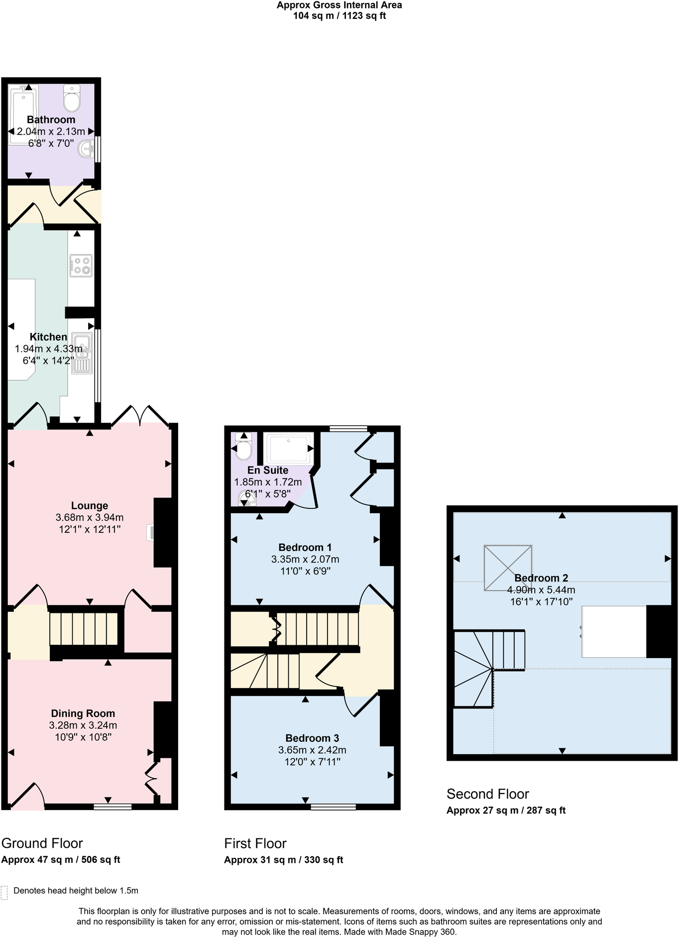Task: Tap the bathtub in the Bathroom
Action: click(23, 115)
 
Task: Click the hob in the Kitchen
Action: click(81, 265)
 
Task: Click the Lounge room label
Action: click(90, 506)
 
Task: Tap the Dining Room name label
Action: click(83, 713)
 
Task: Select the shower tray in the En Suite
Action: click(289, 449)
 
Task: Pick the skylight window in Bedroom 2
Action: click(508, 568)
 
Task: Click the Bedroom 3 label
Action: click(312, 738)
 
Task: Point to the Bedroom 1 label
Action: click(305, 547)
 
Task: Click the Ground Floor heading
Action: click(42, 843)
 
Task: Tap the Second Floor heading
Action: click(488, 794)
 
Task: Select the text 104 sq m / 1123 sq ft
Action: click(339, 16)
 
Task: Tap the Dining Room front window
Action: click(112, 806)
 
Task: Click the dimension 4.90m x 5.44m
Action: click(541, 590)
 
